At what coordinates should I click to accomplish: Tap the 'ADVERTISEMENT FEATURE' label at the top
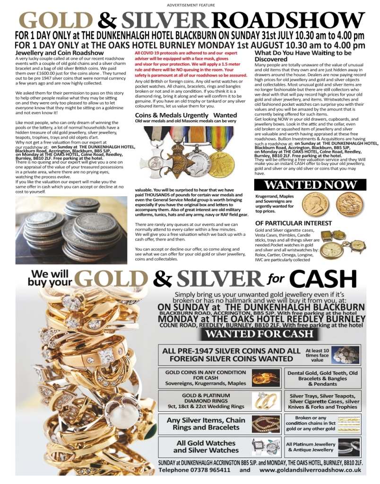pyautogui.click(x=190, y=5)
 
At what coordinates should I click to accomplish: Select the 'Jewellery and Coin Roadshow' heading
pyautogui.click(x=60, y=53)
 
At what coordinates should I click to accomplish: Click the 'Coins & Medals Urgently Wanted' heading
pyautogui.click(x=186, y=115)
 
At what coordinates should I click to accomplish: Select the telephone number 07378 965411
pyautogui.click(x=208, y=470)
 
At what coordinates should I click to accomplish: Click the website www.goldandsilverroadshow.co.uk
pyautogui.click(x=311, y=470)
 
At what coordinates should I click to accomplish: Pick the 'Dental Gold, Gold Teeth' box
pyautogui.click(x=323, y=378)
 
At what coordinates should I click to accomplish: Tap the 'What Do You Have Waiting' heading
pyautogui.click(x=302, y=56)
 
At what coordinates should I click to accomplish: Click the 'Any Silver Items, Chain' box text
pyautogui.click(x=206, y=423)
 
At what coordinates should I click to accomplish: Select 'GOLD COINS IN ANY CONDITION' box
pyautogui.click(x=206, y=378)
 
